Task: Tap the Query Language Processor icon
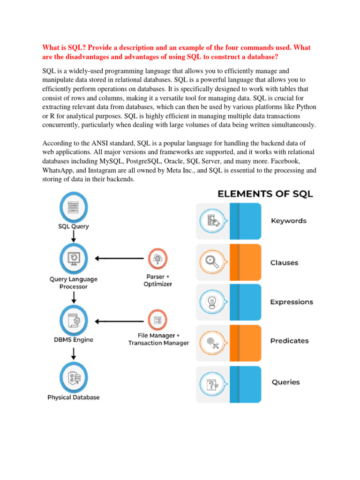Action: coord(73,258)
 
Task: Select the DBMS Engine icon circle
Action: coord(73,321)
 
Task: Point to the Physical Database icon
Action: coord(73,378)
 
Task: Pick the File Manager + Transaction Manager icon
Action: coord(158,321)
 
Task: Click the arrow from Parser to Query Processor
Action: coord(119,258)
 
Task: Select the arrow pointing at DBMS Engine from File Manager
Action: coord(119,321)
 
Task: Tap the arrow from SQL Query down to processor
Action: coord(73,236)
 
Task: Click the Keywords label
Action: coord(289,221)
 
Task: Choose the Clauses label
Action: coord(284,263)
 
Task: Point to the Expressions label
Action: coord(292,302)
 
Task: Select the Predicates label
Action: coord(289,341)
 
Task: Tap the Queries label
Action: coord(285,382)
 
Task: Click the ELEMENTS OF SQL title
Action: coord(265,194)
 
